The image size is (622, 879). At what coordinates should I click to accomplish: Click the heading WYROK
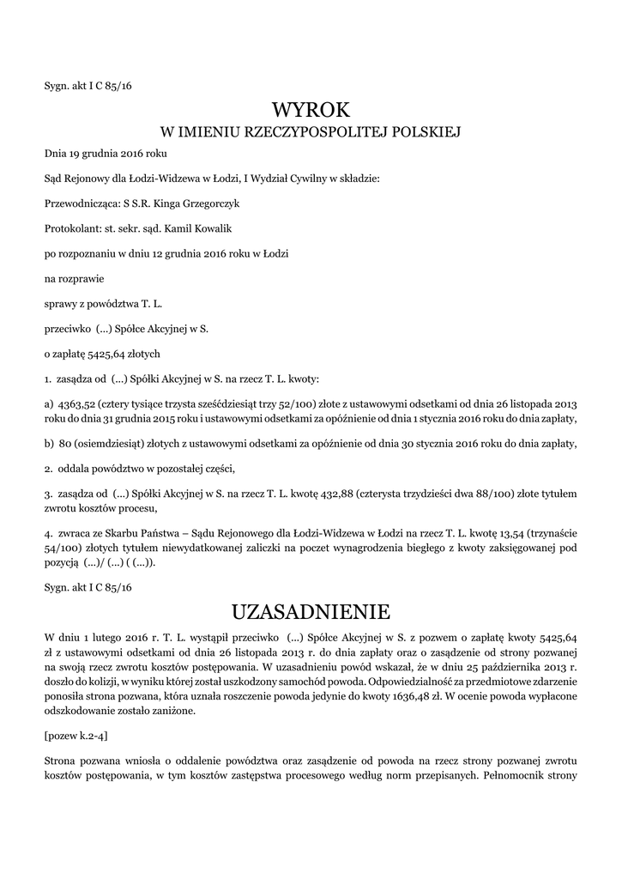[x=311, y=110]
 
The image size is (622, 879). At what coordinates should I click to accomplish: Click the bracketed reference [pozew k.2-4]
[x=75, y=736]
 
